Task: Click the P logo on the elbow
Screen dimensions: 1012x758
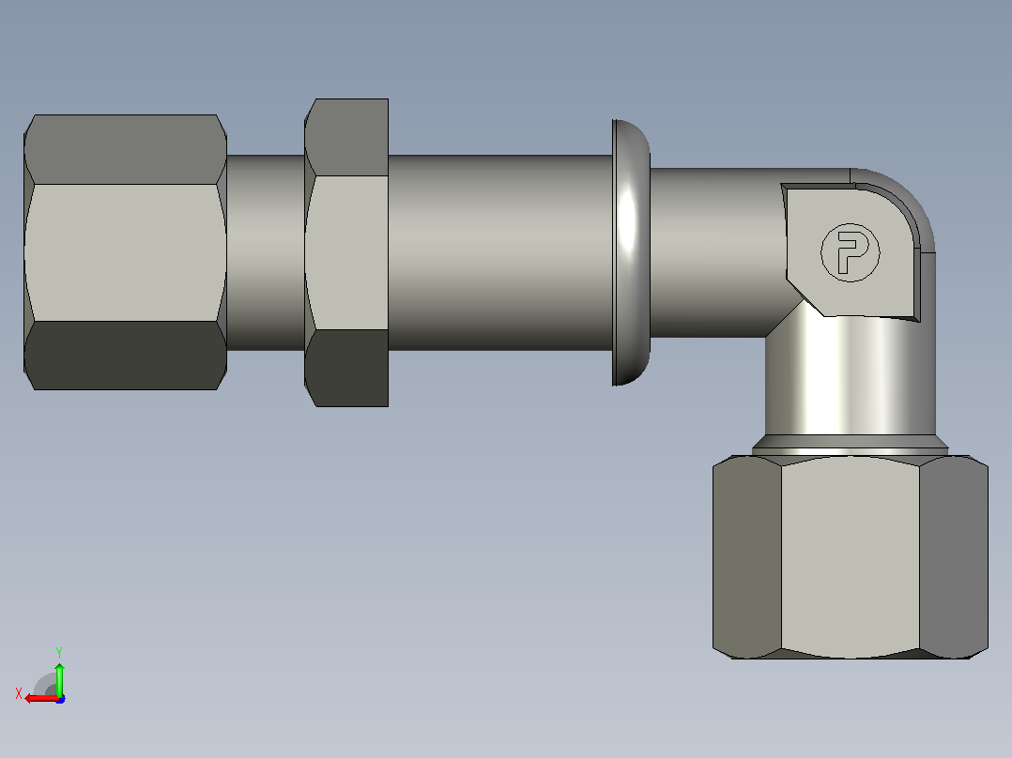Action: point(850,252)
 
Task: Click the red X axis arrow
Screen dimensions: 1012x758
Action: point(41,698)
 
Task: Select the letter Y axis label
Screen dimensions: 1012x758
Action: point(59,652)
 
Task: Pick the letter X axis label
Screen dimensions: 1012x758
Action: point(19,694)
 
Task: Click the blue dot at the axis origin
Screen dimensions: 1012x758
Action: point(60,699)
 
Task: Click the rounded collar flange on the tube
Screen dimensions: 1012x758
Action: point(631,252)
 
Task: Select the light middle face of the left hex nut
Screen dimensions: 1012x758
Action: point(125,252)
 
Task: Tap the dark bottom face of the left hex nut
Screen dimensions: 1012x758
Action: point(125,355)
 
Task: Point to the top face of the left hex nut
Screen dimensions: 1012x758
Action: point(125,150)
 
